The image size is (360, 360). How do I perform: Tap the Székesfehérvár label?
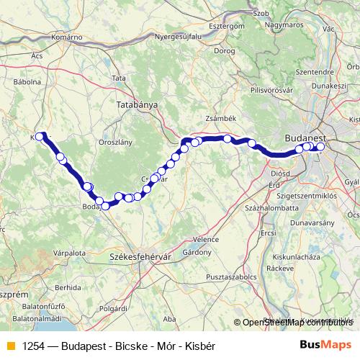click(135, 255)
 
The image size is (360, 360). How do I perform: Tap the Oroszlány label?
click(116, 142)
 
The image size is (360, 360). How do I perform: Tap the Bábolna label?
click(27, 82)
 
